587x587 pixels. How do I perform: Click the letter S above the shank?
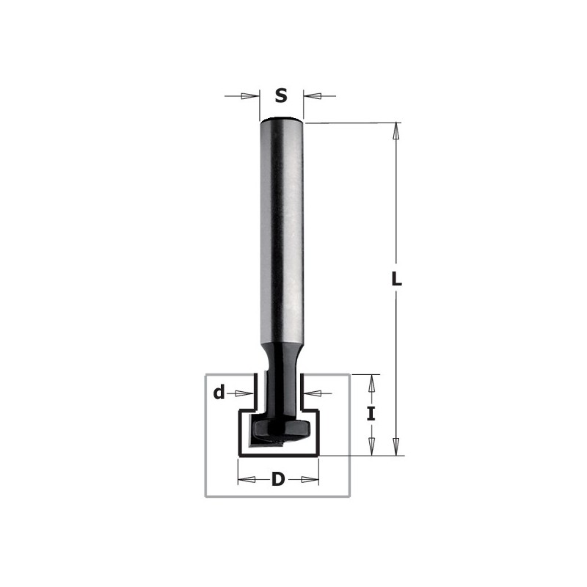(281, 95)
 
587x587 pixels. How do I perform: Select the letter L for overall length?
(396, 280)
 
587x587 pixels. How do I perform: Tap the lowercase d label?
(219, 393)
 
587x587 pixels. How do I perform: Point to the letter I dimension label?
(371, 414)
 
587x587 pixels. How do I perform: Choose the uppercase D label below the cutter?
(278, 480)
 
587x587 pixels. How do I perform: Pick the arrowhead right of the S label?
(311, 95)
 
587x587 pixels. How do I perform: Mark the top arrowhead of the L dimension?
(396, 131)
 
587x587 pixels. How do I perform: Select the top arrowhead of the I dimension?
(372, 382)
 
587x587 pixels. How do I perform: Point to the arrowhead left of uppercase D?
(247, 480)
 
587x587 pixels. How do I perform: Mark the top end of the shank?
(282, 120)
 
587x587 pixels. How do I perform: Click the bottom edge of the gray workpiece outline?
(279, 497)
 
